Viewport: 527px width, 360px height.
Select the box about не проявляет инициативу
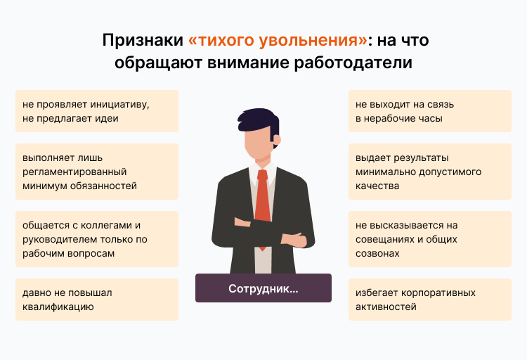tap(96, 111)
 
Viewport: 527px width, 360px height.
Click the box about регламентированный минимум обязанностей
tap(96, 172)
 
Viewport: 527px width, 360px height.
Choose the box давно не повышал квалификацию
tap(96, 300)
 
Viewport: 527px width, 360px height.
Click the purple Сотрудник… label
tap(263, 288)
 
